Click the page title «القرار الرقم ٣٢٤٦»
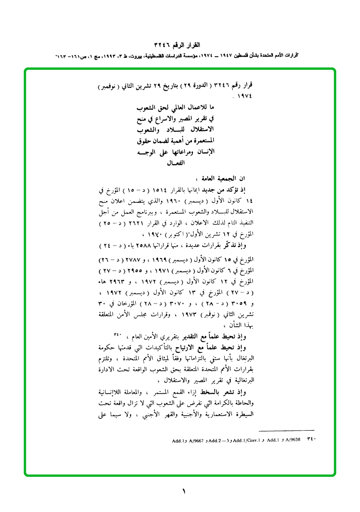click(180, 46)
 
